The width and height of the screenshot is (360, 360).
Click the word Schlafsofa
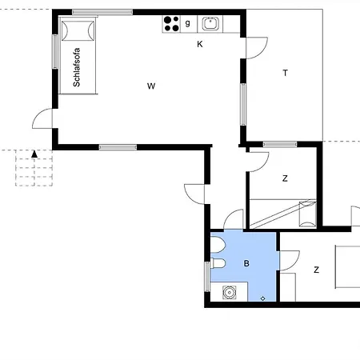(x=77, y=67)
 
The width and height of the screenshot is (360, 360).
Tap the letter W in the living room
(x=151, y=86)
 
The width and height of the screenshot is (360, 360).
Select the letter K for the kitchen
(x=200, y=44)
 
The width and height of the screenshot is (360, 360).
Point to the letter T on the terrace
(x=286, y=73)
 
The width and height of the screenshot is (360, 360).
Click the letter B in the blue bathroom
(x=246, y=263)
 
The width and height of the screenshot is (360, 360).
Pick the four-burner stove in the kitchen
(x=171, y=24)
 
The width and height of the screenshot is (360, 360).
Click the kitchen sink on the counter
(x=210, y=24)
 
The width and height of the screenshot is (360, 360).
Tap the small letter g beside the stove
(x=188, y=23)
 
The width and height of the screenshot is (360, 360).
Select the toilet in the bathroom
(x=218, y=263)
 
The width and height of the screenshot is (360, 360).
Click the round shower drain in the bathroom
(x=229, y=293)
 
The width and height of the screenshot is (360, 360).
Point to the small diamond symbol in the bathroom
(x=262, y=298)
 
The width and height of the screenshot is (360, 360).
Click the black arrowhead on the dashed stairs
(x=34, y=154)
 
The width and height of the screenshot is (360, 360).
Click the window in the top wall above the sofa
(x=102, y=12)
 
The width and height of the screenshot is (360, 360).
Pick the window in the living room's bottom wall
(x=118, y=147)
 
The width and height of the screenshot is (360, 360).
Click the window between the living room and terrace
(x=243, y=104)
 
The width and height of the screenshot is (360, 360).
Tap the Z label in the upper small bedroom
(x=285, y=178)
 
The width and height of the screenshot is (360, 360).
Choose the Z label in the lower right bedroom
(x=316, y=270)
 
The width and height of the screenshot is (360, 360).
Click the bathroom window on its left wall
(x=207, y=277)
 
